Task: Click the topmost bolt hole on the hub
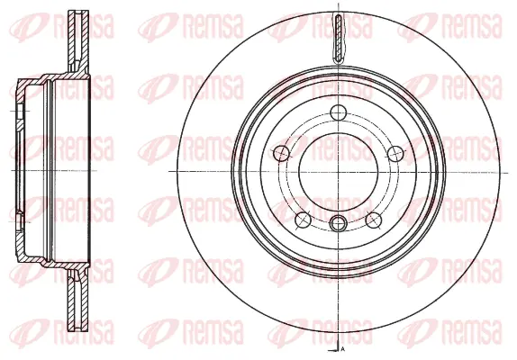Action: pos(337,112)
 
